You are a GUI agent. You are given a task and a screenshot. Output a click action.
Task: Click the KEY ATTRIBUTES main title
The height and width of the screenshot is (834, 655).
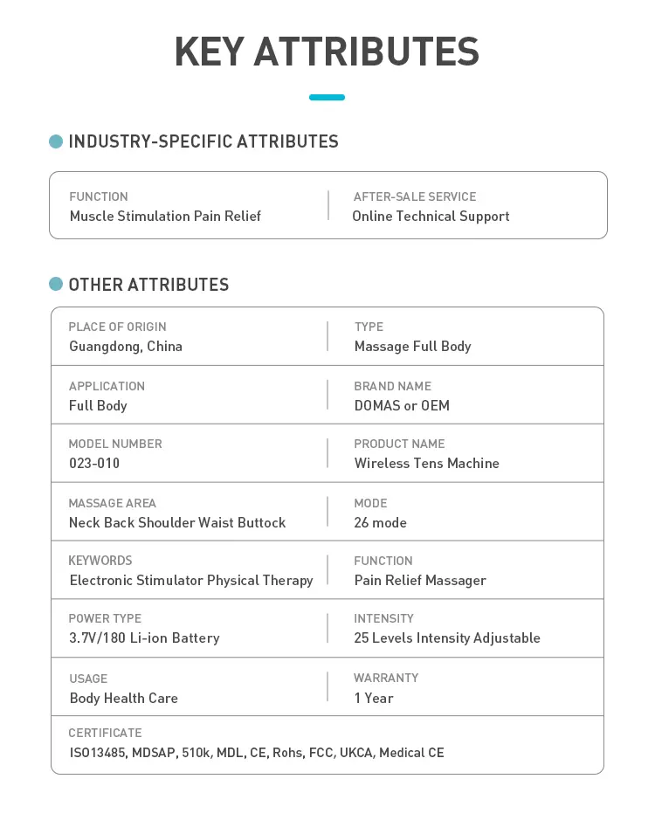(x=327, y=52)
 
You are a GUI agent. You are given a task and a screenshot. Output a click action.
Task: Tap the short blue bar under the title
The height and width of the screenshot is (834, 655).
(x=327, y=97)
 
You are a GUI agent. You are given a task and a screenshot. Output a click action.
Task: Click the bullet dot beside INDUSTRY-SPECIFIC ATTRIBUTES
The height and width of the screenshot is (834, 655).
(x=56, y=141)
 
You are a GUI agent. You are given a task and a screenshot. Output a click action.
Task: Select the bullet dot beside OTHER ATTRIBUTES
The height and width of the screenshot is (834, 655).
(x=56, y=284)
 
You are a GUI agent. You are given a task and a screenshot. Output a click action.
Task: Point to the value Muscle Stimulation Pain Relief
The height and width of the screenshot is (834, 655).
(x=165, y=216)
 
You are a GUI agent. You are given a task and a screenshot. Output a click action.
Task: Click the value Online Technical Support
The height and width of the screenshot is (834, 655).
(x=431, y=216)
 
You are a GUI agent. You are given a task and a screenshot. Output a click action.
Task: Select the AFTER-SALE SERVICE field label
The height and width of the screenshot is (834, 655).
(x=415, y=196)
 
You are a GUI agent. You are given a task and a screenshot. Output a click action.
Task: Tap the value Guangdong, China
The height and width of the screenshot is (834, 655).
(x=126, y=346)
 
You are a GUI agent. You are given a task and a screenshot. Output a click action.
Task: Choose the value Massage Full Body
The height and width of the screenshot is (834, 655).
(x=412, y=346)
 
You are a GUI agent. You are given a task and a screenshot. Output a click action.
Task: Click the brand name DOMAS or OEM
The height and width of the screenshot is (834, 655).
(x=402, y=405)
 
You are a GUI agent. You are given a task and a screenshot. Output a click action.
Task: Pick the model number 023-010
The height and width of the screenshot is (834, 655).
(x=94, y=463)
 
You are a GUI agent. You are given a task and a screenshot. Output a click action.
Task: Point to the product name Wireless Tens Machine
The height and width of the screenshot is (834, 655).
(x=426, y=463)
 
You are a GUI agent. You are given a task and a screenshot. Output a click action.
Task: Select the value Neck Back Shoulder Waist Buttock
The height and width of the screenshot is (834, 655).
(x=177, y=522)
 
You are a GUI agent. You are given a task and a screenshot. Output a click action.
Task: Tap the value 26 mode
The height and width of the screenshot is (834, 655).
(x=380, y=522)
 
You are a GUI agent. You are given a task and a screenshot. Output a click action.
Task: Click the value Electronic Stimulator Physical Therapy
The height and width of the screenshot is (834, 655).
(x=191, y=580)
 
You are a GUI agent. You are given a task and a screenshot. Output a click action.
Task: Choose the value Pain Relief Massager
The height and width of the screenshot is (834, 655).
(x=420, y=580)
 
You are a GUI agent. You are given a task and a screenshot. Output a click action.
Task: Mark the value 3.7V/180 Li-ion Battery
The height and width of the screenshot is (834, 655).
(x=144, y=638)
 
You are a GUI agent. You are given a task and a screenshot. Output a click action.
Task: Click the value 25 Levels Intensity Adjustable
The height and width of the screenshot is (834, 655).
(x=447, y=638)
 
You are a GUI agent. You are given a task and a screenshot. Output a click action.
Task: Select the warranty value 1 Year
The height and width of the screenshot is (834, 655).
(x=374, y=698)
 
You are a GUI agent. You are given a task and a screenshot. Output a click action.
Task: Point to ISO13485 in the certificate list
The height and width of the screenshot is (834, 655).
(x=97, y=752)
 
